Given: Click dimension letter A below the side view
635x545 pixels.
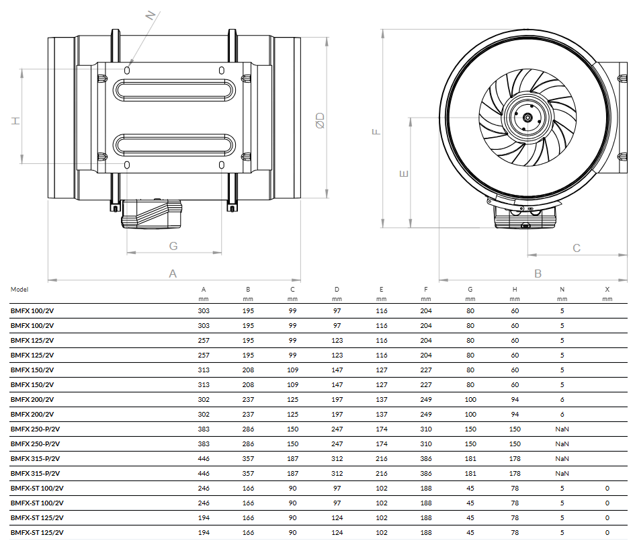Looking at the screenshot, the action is pyautogui.click(x=173, y=274).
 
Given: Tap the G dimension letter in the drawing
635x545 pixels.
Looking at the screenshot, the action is pyautogui.click(x=173, y=246).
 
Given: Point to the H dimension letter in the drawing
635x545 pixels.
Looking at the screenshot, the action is pyautogui.click(x=15, y=121).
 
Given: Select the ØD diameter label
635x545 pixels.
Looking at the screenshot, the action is pyautogui.click(x=320, y=121).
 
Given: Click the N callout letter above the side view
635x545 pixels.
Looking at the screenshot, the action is pyautogui.click(x=151, y=15).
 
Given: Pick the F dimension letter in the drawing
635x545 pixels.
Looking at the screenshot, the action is pyautogui.click(x=376, y=132).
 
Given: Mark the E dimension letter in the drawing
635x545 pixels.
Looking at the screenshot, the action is pyautogui.click(x=404, y=174).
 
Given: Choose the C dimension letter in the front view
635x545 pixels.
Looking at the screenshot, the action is pyautogui.click(x=577, y=248).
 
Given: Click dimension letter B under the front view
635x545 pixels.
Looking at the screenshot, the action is pyautogui.click(x=538, y=274).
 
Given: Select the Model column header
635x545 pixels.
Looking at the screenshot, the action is pyautogui.click(x=19, y=290).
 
